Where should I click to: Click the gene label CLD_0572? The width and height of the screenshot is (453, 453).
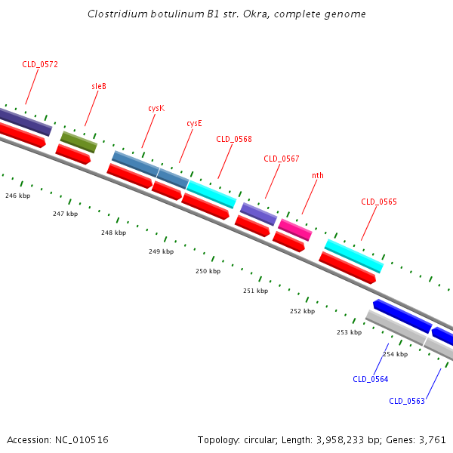pos(40,65)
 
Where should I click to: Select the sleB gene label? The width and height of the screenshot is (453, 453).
pos(99,86)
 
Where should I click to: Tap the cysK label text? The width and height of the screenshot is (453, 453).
pos(156,108)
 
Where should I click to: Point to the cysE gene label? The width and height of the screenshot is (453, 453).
pos(194,123)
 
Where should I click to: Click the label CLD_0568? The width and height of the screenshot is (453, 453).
pos(234,139)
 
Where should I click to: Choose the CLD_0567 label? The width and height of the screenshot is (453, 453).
pos(282,159)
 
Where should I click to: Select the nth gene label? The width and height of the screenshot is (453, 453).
pos(318,175)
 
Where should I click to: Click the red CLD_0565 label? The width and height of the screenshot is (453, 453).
pos(379,202)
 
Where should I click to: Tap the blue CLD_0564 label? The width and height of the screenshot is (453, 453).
pos(370,379)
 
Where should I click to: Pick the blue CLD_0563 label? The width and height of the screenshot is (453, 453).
pos(407,401)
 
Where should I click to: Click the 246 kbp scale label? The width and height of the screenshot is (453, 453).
pos(17,196)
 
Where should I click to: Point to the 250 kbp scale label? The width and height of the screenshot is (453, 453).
pos(208,271)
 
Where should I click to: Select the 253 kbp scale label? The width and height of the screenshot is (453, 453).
pos(349,332)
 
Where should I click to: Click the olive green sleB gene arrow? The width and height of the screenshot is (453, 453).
pos(79,141)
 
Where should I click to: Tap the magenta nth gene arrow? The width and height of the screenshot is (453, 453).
pos(294,230)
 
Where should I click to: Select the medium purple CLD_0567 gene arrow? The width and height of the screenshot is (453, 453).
pos(258,214)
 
